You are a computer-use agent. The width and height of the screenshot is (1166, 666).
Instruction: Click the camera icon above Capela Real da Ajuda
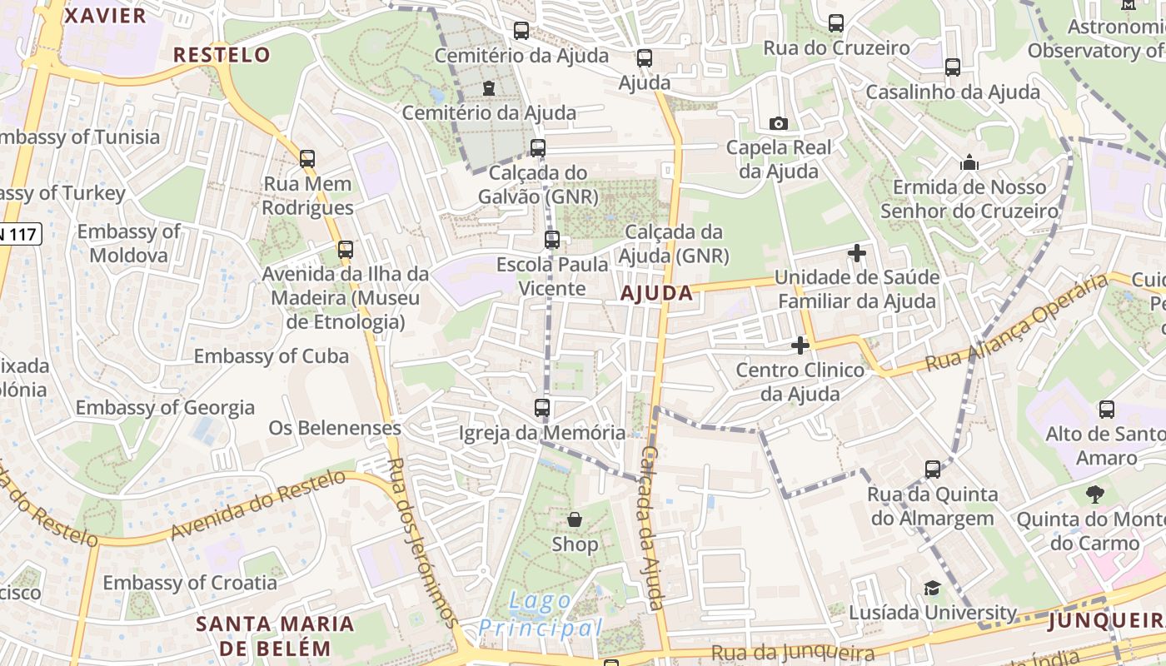778,123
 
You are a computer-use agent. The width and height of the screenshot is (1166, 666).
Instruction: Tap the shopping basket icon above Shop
575,520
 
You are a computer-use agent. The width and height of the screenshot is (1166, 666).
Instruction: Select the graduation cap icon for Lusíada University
932,589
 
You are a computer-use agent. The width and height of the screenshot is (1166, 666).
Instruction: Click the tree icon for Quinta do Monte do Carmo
1094,495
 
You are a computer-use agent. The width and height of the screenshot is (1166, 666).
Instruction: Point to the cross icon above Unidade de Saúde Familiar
856,252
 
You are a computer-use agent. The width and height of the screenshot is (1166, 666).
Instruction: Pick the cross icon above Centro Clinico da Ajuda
800,345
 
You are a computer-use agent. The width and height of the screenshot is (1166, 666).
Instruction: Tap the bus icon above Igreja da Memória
541,408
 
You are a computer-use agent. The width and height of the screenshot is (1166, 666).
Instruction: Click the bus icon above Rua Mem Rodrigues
307,158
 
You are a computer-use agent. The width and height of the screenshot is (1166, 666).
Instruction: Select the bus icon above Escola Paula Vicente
551,240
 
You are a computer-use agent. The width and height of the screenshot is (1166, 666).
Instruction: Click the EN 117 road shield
18,234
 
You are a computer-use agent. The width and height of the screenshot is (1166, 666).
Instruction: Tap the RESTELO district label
222,55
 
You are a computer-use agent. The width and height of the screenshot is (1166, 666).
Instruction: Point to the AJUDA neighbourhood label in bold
656,292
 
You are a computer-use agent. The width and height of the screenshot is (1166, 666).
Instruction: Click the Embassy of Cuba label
272,356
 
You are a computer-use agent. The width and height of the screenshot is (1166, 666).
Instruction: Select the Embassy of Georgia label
165,407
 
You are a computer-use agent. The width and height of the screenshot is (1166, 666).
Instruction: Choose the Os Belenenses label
335,428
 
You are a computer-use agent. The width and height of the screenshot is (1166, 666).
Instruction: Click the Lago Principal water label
540,614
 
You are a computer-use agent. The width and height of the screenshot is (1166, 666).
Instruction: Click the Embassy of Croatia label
190,582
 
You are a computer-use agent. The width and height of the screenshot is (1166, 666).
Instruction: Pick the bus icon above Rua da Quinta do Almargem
932,470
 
